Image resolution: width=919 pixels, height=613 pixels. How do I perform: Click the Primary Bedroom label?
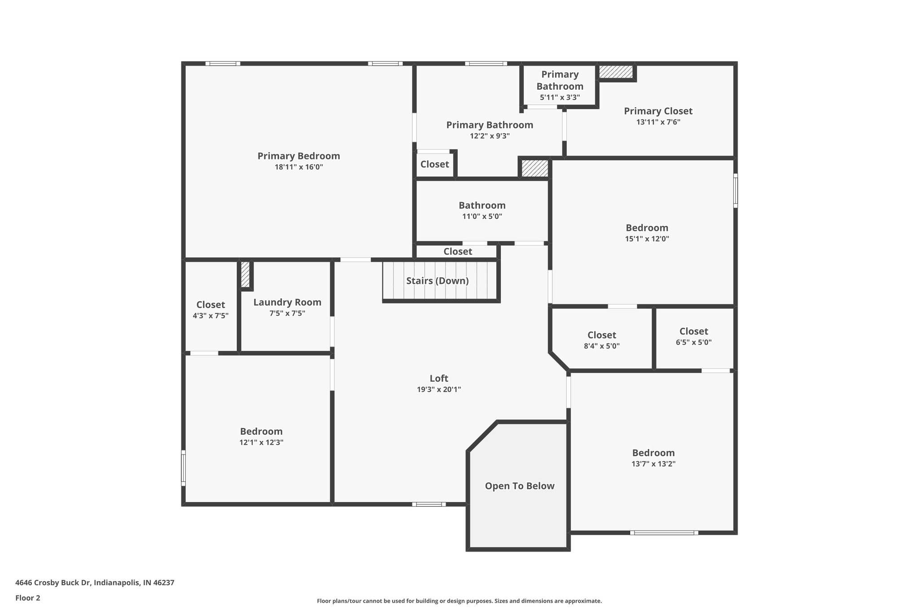tap(298, 156)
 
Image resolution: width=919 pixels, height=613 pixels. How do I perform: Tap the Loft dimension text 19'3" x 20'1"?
tap(439, 390)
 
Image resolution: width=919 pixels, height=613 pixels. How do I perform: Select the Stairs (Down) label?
tap(438, 281)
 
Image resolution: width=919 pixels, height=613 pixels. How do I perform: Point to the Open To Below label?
tap(520, 486)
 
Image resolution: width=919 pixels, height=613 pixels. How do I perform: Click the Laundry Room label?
tap(287, 303)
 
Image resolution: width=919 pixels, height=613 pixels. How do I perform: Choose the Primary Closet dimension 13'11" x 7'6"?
tap(658, 122)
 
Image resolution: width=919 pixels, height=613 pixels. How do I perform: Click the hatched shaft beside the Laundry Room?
tap(245, 274)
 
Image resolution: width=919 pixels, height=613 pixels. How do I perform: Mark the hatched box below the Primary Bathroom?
tap(534, 168)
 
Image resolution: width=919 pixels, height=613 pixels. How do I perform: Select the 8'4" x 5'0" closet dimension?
tap(602, 346)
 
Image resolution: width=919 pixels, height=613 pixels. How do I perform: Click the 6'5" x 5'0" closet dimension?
tap(694, 342)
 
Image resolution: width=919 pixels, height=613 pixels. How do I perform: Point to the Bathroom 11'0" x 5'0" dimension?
tap(482, 216)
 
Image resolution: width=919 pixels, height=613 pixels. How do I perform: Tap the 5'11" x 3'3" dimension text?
tap(560, 97)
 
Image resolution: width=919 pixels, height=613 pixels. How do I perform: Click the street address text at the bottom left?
tap(95, 583)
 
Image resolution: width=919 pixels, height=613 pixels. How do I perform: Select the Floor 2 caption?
tap(28, 598)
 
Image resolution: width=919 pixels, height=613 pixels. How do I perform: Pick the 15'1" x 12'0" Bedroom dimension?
tap(647, 239)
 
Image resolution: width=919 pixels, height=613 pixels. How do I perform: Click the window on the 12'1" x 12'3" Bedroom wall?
tap(183, 467)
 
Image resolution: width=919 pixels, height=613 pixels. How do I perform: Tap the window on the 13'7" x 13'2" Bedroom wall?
tap(664, 533)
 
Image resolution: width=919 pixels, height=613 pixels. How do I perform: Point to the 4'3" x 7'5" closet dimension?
tap(210, 316)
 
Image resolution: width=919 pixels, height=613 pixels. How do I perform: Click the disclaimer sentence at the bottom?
tap(459, 601)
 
